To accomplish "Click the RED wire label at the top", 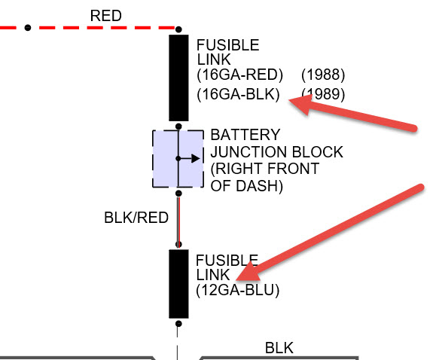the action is (105, 16).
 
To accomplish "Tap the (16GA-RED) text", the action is (239, 75).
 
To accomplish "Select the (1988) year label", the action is (323, 75).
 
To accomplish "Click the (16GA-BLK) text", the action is (238, 94).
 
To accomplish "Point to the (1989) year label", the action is (323, 94).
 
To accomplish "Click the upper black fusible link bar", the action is (178, 78).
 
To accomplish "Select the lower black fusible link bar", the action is (178, 284).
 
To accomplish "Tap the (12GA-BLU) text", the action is (237, 290).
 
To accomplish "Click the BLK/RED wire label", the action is (136, 218).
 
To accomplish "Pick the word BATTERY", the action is (245, 135).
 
